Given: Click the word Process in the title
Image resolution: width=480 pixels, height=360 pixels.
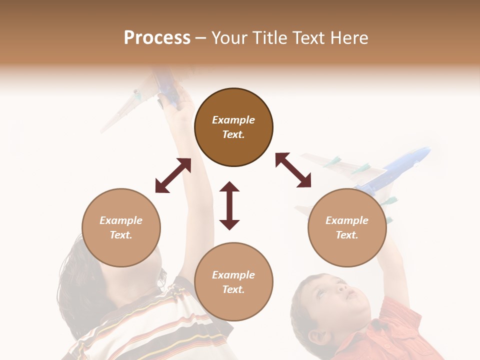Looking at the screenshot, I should pyautogui.click(x=157, y=38).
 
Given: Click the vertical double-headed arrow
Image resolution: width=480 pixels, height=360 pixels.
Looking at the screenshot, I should pyautogui.click(x=229, y=205).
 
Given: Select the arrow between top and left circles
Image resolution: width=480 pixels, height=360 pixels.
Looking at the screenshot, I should pyautogui.click(x=173, y=175).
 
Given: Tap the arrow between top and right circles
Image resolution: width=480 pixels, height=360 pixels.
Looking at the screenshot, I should pyautogui.click(x=293, y=170).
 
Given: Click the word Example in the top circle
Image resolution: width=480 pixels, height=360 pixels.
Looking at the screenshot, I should pyautogui.click(x=233, y=120).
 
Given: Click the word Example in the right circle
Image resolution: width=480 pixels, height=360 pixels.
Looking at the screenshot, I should pyautogui.click(x=347, y=220).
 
